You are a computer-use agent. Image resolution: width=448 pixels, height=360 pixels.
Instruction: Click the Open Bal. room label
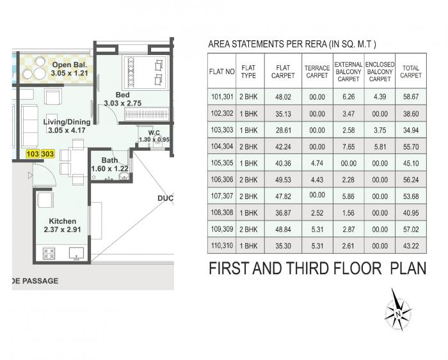pos(70,69)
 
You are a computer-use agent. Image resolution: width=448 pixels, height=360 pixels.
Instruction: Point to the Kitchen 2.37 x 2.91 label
pos(63,225)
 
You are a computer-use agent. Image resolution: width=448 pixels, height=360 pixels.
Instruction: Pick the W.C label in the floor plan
pos(154,134)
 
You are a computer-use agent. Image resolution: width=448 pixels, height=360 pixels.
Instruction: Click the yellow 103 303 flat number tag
pos(40,154)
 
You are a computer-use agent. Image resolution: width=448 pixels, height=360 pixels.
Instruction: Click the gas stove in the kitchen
pos(49,253)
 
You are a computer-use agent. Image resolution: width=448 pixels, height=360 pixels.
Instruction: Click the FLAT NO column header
pos(221,72)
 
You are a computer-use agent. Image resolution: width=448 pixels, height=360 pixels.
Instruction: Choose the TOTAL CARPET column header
pos(410,72)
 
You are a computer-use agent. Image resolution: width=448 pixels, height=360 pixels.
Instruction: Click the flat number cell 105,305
pos(221,164)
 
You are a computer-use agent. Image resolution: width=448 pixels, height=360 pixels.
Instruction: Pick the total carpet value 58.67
pos(410,97)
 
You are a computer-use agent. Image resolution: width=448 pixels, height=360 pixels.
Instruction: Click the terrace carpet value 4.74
pos(317,164)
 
